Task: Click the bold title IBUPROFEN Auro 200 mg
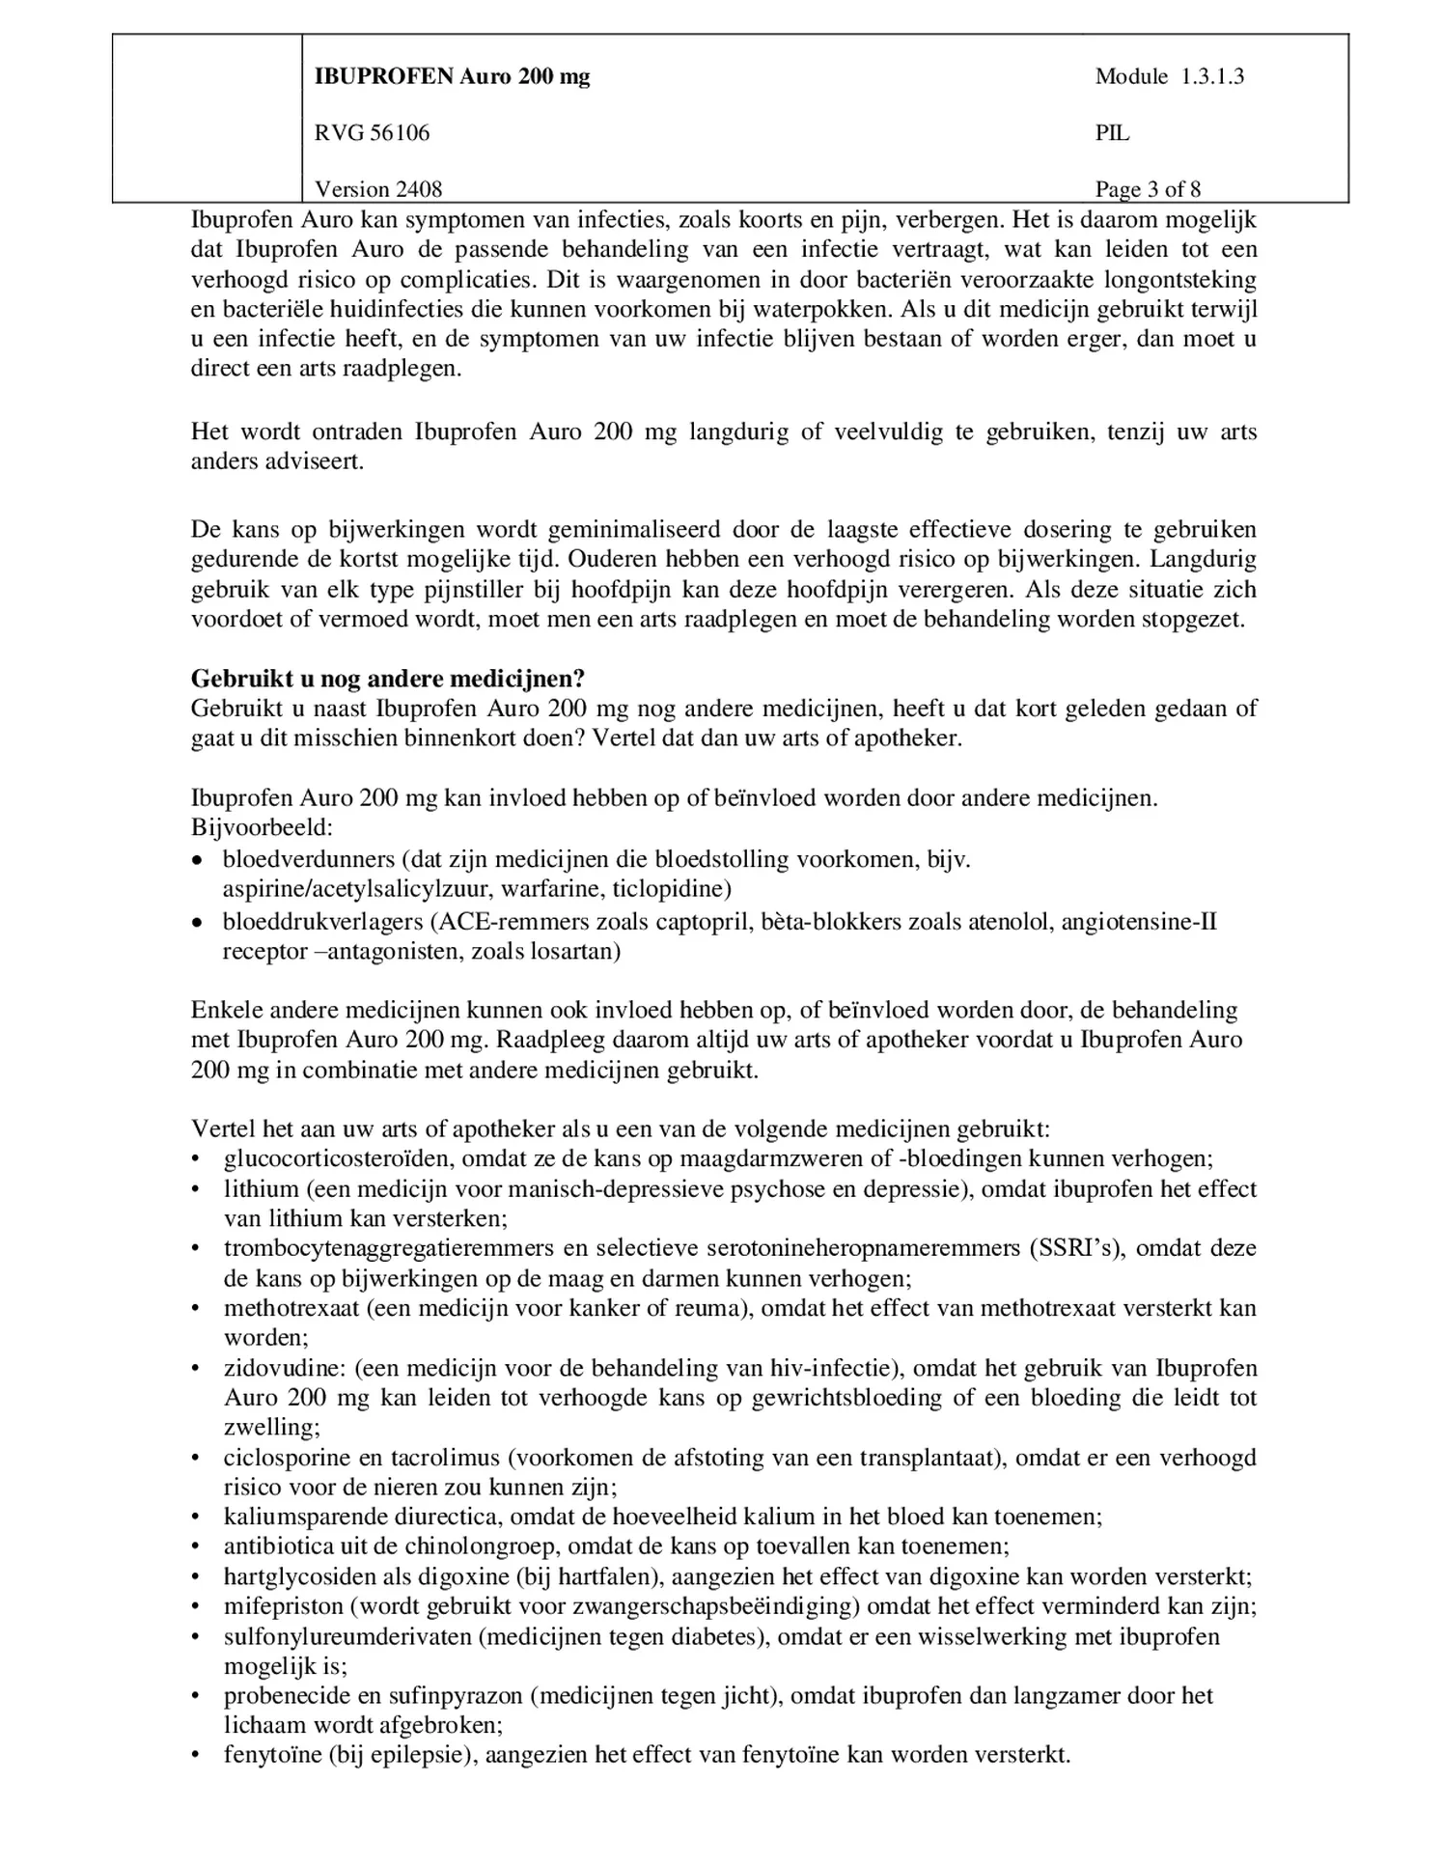coord(452,76)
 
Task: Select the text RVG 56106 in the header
coord(372,133)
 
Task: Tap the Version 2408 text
coord(378,189)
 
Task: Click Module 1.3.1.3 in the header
coord(1169,76)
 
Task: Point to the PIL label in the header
coord(1112,133)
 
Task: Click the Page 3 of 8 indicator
coord(1148,189)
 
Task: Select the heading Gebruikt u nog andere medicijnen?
coord(388,679)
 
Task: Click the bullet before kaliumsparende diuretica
coord(197,1518)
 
